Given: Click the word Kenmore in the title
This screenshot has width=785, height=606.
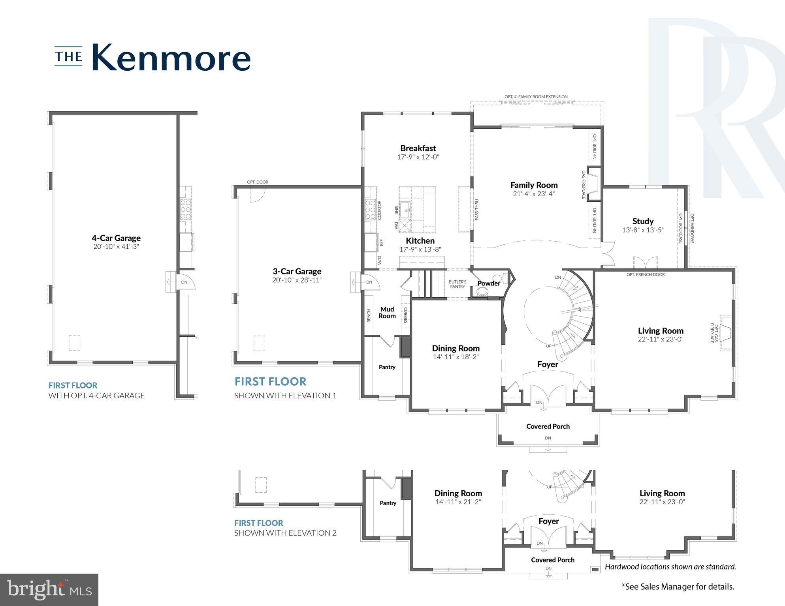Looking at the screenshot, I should click(x=171, y=58).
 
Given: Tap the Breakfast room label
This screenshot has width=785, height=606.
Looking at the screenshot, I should click(x=418, y=148).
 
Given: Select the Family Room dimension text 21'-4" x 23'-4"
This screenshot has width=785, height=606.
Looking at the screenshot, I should click(x=534, y=194).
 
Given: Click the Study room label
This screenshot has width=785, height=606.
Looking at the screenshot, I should click(x=643, y=221).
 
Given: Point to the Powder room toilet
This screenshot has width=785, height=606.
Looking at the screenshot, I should click(x=482, y=292).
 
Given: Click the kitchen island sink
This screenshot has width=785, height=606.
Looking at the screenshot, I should click(x=405, y=209).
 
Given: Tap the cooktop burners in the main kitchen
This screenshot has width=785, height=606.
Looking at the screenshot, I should click(x=371, y=210).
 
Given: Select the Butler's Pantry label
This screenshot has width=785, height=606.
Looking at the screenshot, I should click(x=457, y=284).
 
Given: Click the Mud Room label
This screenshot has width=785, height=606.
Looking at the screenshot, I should click(x=387, y=312).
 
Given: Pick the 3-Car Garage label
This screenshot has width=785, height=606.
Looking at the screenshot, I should click(x=297, y=271).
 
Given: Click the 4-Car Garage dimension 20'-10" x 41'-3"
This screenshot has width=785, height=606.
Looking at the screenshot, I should click(x=116, y=247).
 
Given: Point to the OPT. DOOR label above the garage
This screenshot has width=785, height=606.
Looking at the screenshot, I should click(x=258, y=182).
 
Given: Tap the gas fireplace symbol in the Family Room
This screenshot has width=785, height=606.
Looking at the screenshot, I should click(x=593, y=184).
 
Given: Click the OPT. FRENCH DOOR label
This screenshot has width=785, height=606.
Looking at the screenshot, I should click(x=646, y=274).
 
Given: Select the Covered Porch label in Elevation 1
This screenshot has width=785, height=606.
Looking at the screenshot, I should click(x=548, y=426).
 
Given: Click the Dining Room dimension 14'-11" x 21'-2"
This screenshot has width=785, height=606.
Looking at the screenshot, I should click(x=458, y=502).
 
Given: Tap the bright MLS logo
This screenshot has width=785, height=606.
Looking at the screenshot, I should click(x=49, y=589).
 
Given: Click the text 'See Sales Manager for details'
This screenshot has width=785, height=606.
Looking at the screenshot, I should click(x=678, y=587).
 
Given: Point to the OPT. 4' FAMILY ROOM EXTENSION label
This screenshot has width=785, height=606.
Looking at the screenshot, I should click(x=536, y=97).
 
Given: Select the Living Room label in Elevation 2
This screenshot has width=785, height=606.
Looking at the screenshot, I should click(x=662, y=493).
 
